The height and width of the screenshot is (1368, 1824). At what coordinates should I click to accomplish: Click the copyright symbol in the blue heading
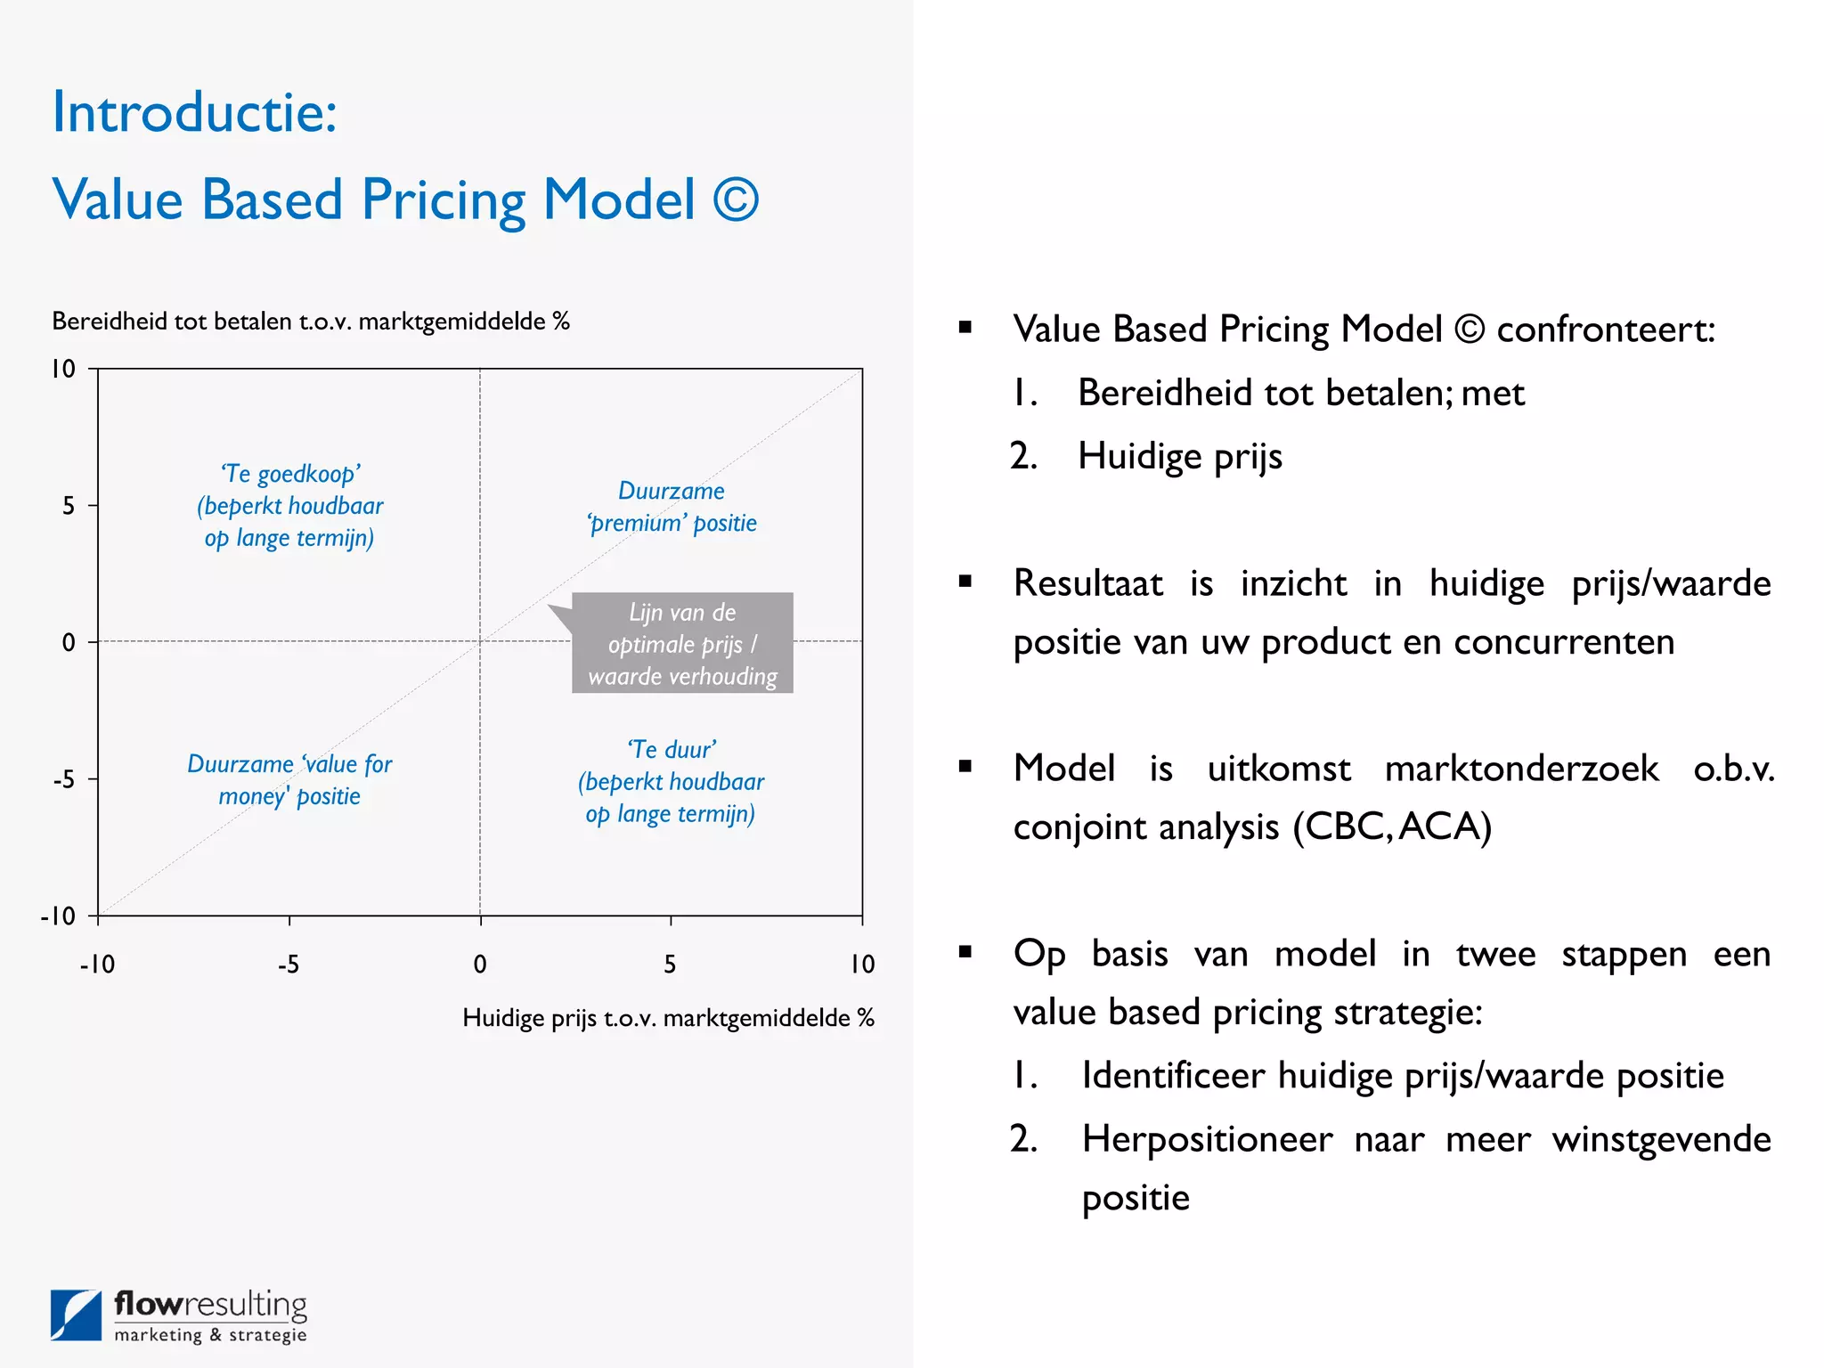point(736,199)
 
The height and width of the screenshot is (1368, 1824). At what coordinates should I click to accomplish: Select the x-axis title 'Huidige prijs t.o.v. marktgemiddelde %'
point(668,1018)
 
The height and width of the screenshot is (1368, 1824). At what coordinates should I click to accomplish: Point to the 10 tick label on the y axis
point(63,369)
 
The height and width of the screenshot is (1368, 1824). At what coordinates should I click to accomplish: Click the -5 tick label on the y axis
point(64,780)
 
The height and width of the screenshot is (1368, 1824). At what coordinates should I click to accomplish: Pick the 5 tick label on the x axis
point(670,965)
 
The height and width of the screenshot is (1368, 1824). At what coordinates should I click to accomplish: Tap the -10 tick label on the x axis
point(97,965)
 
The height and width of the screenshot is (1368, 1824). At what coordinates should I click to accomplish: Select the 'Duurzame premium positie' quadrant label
point(672,507)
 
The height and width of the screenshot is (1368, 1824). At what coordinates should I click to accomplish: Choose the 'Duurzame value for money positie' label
point(289,780)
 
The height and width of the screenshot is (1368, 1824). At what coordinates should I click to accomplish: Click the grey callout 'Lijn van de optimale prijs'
point(682,644)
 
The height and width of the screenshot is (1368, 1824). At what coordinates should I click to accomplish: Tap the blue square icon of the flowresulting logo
point(76,1315)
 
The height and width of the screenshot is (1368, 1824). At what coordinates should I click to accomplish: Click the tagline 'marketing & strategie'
point(210,1335)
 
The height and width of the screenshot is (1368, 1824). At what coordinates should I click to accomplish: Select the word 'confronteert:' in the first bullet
point(1605,330)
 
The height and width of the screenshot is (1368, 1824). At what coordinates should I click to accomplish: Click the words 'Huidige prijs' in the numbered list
point(1179,457)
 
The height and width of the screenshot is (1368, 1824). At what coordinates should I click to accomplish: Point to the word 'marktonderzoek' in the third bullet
point(1521,769)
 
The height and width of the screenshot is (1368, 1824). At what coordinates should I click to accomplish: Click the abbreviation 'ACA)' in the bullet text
point(1445,826)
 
